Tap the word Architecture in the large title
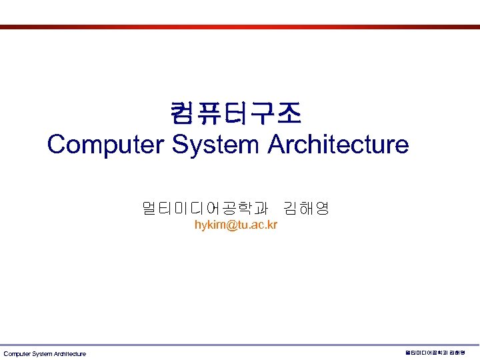338,144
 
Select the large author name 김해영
306,209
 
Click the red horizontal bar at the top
240,27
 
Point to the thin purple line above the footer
240,345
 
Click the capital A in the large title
275,144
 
